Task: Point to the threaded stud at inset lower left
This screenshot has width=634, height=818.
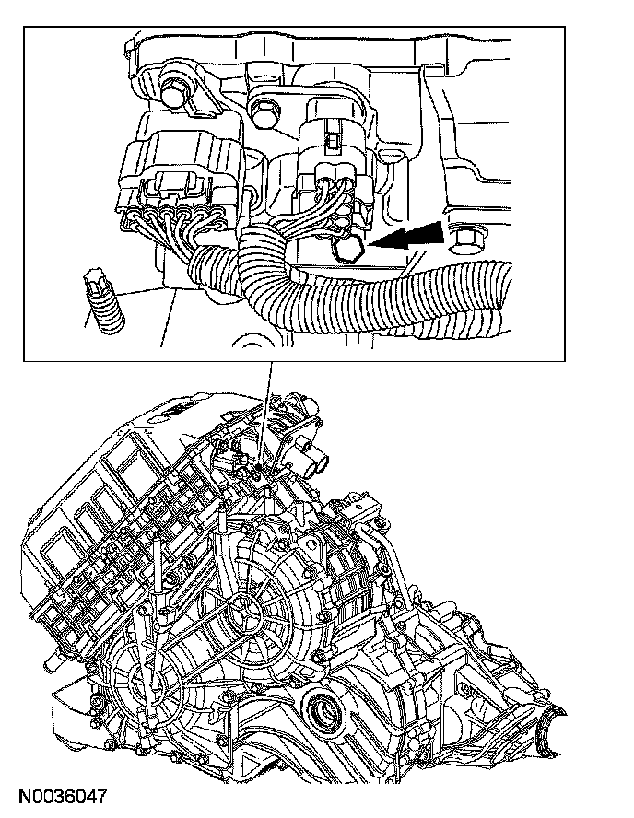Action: (105, 302)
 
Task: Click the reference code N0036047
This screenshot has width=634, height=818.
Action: (63, 797)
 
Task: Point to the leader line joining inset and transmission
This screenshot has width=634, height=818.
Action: (265, 412)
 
